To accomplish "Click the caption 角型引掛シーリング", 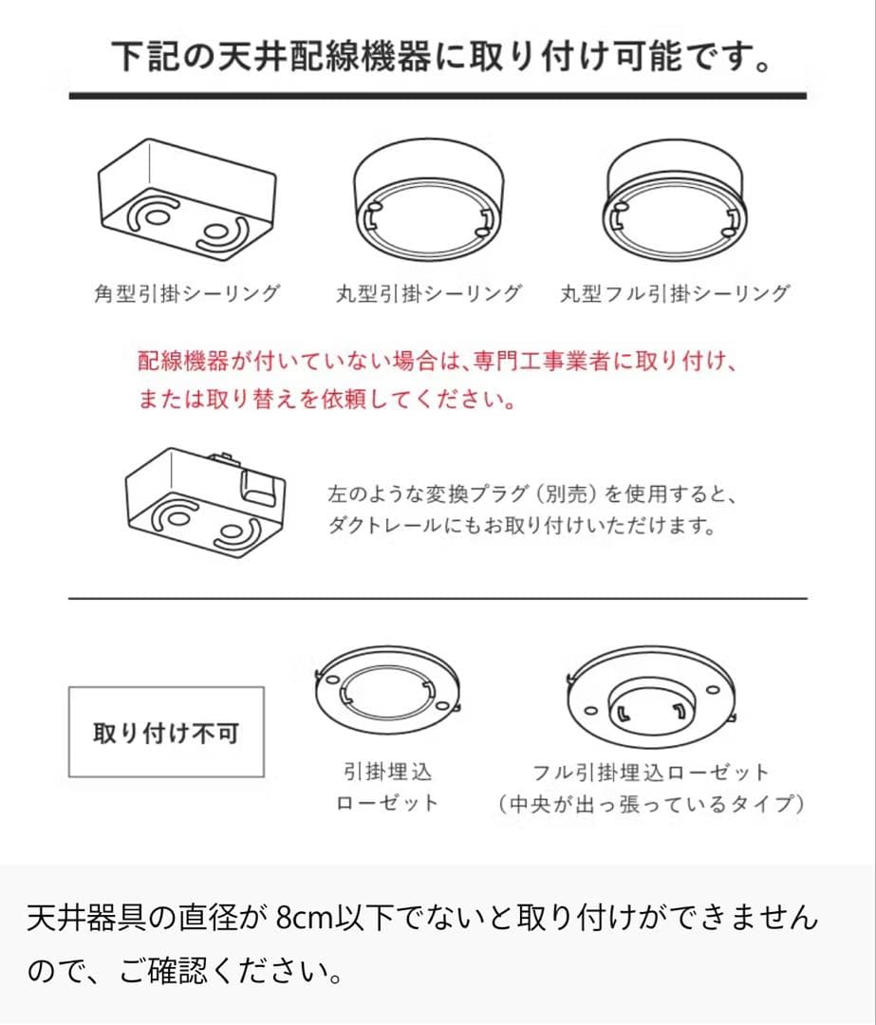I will [x=186, y=293].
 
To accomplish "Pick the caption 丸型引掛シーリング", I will [x=428, y=293].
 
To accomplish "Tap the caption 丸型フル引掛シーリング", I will [x=675, y=293].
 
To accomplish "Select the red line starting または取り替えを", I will [x=326, y=400].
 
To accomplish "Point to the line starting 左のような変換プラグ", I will [x=531, y=494].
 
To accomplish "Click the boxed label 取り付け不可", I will [x=166, y=733].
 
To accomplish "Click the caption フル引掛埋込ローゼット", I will [x=650, y=773].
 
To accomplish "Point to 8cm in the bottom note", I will [x=301, y=919].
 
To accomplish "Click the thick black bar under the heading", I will [x=438, y=95].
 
